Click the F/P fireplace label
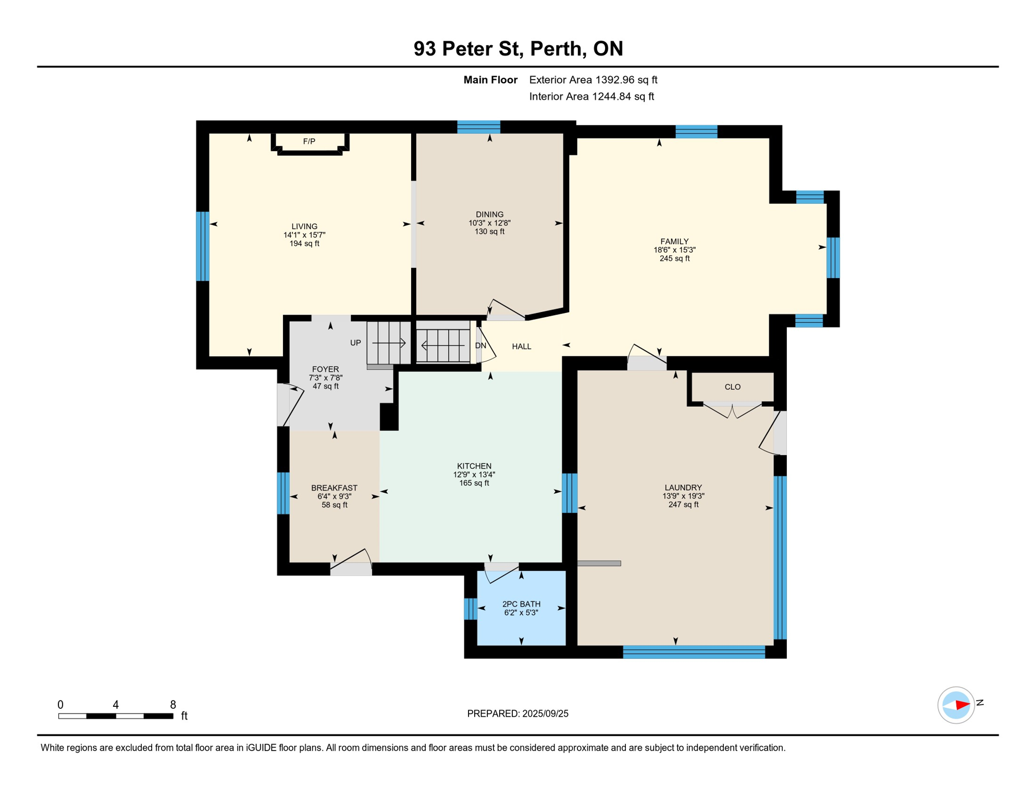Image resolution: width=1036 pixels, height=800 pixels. pyautogui.click(x=309, y=141)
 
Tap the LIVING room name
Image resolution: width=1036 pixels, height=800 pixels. pyautogui.click(x=304, y=227)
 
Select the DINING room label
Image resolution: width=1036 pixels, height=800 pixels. pyautogui.click(x=489, y=215)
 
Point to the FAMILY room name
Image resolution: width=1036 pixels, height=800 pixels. pyautogui.click(x=674, y=242)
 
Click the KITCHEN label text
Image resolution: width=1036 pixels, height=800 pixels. pyautogui.click(x=474, y=466)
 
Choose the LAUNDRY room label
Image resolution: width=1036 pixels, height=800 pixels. pyautogui.click(x=683, y=488)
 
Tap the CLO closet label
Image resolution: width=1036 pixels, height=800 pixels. pyautogui.click(x=733, y=387)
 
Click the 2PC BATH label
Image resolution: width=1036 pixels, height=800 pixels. pyautogui.click(x=521, y=604)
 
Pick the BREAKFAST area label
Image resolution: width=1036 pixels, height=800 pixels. pyautogui.click(x=334, y=488)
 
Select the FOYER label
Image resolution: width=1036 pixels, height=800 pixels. pyautogui.click(x=325, y=369)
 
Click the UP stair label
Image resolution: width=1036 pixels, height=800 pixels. pyautogui.click(x=355, y=343)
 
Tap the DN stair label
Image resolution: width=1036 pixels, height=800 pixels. pyautogui.click(x=480, y=346)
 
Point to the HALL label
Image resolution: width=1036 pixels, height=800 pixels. pyautogui.click(x=522, y=346)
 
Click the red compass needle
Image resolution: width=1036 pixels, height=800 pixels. pyautogui.click(x=963, y=705)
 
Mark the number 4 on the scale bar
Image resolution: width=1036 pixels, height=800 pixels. pyautogui.click(x=116, y=705)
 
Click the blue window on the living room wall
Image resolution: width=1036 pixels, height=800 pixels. pyautogui.click(x=203, y=246)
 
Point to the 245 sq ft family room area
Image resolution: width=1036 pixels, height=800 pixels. pyautogui.click(x=674, y=258)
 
